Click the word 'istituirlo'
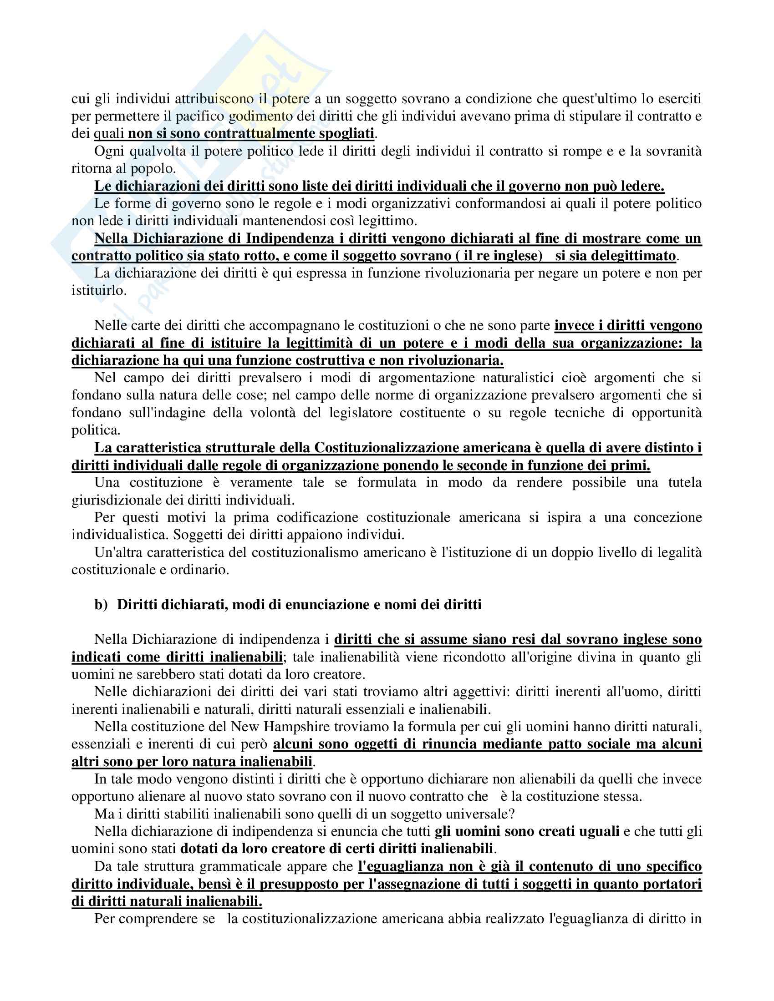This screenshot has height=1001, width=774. coord(98,290)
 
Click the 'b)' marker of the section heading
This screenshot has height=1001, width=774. coord(101,605)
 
